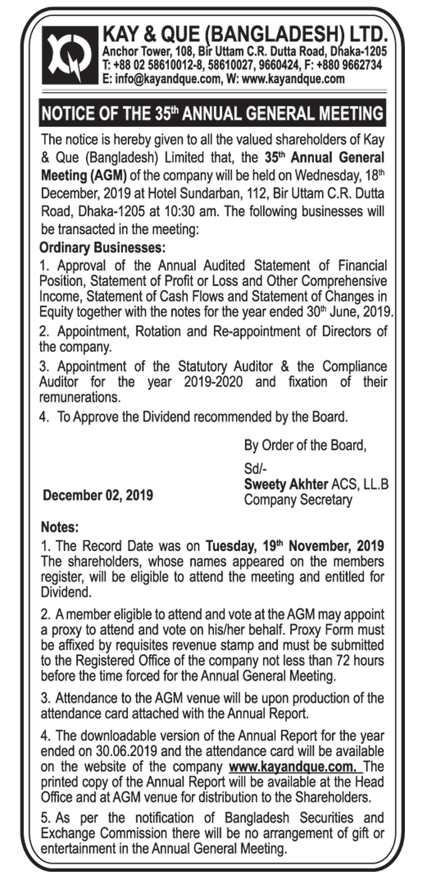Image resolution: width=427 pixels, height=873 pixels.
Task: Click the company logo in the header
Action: (69, 54)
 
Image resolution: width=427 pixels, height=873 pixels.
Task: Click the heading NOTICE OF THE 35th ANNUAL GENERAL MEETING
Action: (212, 113)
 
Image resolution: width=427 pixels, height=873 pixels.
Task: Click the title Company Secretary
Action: (298, 500)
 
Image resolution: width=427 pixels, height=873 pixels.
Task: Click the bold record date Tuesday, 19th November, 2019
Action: (295, 546)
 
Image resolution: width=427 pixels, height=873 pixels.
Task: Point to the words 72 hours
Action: (362, 661)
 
